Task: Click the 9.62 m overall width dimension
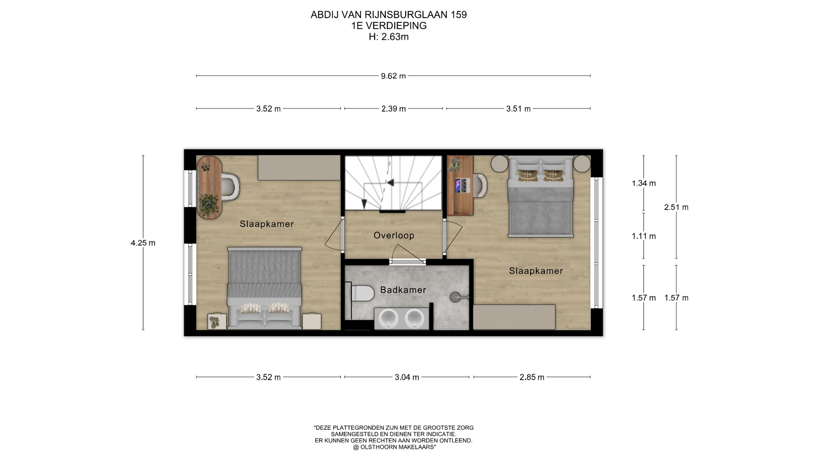393,76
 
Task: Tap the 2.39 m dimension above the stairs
393,109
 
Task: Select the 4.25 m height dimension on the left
143,243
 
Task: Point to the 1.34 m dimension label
644,183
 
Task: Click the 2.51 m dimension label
676,207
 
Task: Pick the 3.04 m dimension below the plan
407,377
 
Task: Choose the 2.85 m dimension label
532,377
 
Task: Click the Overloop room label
394,235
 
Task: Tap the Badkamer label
403,290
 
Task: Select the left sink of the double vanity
389,318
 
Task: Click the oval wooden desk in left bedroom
209,187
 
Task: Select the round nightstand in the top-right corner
581,163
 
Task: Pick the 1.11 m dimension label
644,236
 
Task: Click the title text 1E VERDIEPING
389,26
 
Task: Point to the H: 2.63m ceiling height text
389,37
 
